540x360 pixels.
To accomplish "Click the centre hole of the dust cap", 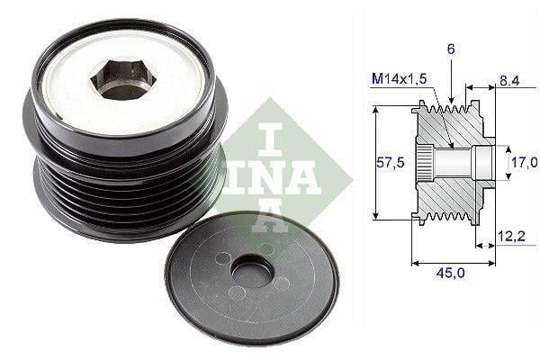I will point(253,274).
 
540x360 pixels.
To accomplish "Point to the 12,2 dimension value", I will point(511,236).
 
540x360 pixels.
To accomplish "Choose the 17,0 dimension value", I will point(522,163).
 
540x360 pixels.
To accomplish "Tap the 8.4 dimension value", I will point(510,80).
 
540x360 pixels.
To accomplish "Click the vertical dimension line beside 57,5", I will point(374,163).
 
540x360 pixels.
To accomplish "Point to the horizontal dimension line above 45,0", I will point(454,262).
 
